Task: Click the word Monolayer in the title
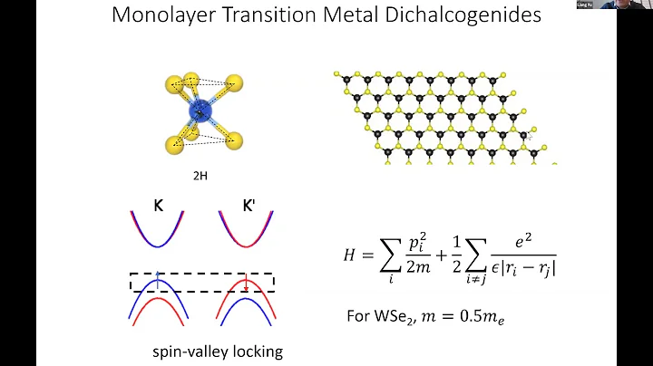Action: tap(161, 17)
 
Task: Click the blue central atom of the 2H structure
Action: tap(200, 112)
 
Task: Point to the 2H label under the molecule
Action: tap(200, 175)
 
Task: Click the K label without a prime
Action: tap(159, 206)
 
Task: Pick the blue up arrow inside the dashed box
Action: tap(158, 276)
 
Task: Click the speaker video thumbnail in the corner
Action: tap(596, 5)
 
